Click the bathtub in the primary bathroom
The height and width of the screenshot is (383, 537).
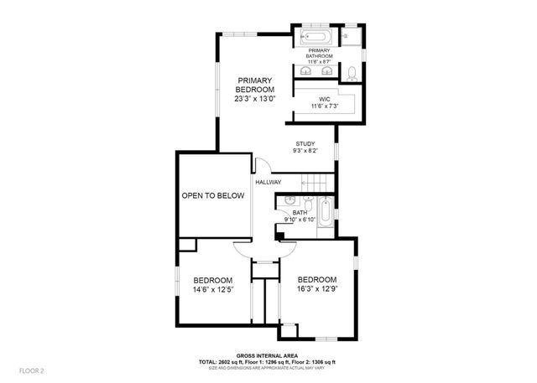tap(315, 38)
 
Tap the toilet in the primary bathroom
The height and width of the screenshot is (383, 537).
tap(352, 73)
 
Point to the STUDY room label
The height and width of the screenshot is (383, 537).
tap(304, 144)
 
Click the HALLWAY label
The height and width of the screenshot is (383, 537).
tap(268, 182)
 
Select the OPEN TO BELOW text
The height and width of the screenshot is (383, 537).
tap(213, 195)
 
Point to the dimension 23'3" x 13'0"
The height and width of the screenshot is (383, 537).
tap(255, 99)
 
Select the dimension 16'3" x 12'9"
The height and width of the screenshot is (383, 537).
tap(316, 289)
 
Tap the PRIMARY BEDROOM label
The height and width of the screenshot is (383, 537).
tap(255, 85)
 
